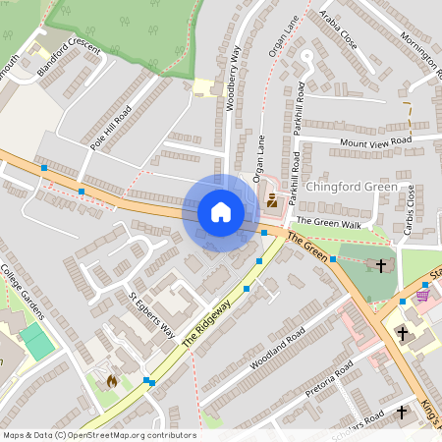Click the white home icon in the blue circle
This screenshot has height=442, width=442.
click(x=221, y=212)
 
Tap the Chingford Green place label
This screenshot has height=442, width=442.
click(x=352, y=187)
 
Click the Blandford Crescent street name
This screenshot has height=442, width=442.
click(x=69, y=59)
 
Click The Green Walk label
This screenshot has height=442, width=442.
click(x=328, y=224)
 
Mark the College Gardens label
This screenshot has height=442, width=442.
click(x=24, y=292)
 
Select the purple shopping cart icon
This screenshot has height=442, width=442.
click(x=422, y=293)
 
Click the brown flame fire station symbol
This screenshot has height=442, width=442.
click(x=110, y=379)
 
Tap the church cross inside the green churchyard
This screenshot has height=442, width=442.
click(x=382, y=264)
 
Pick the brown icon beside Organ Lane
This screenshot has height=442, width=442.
click(x=272, y=201)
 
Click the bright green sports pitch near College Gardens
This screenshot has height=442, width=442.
click(x=37, y=341)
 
